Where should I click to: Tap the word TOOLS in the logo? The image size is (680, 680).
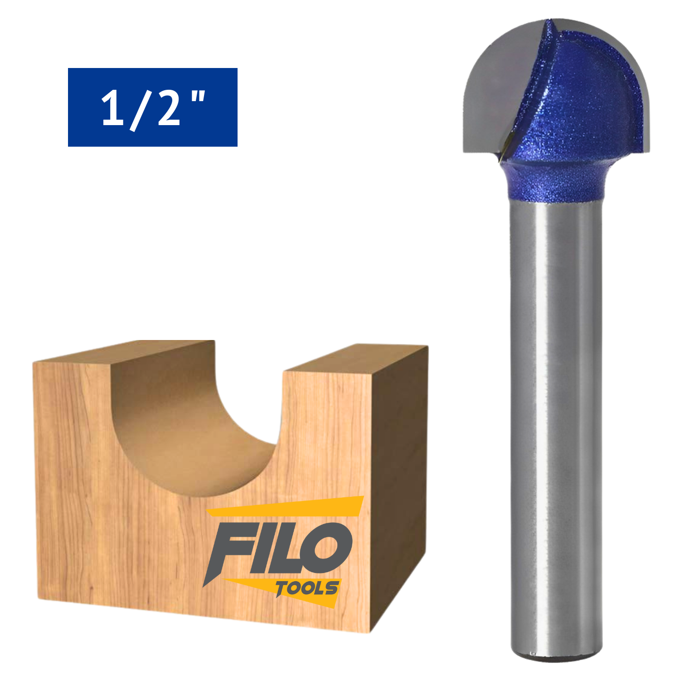click(307, 588)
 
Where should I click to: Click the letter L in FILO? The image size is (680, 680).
click(290, 549)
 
